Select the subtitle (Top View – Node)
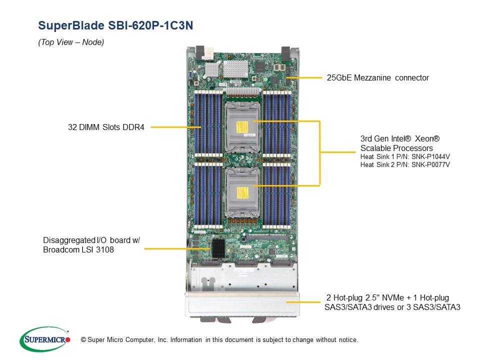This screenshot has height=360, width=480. pyautogui.click(x=71, y=42)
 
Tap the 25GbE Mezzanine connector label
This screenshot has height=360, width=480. pyautogui.click(x=377, y=77)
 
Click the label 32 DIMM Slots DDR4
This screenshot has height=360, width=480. pyautogui.click(x=106, y=127)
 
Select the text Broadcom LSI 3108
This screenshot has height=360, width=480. pyautogui.click(x=78, y=249)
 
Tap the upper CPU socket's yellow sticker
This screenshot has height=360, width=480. pyautogui.click(x=241, y=124)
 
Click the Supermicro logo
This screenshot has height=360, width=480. pyautogui.click(x=45, y=339)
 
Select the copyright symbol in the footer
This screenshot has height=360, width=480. pyautogui.click(x=76, y=340)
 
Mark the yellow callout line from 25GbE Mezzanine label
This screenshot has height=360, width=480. pyautogui.click(x=305, y=77)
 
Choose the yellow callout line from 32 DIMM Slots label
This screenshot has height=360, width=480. pyautogui.click(x=175, y=127)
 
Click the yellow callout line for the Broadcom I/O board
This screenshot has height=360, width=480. pyautogui.click(x=175, y=245)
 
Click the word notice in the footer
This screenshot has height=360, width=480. pyautogui.click(x=347, y=340)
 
